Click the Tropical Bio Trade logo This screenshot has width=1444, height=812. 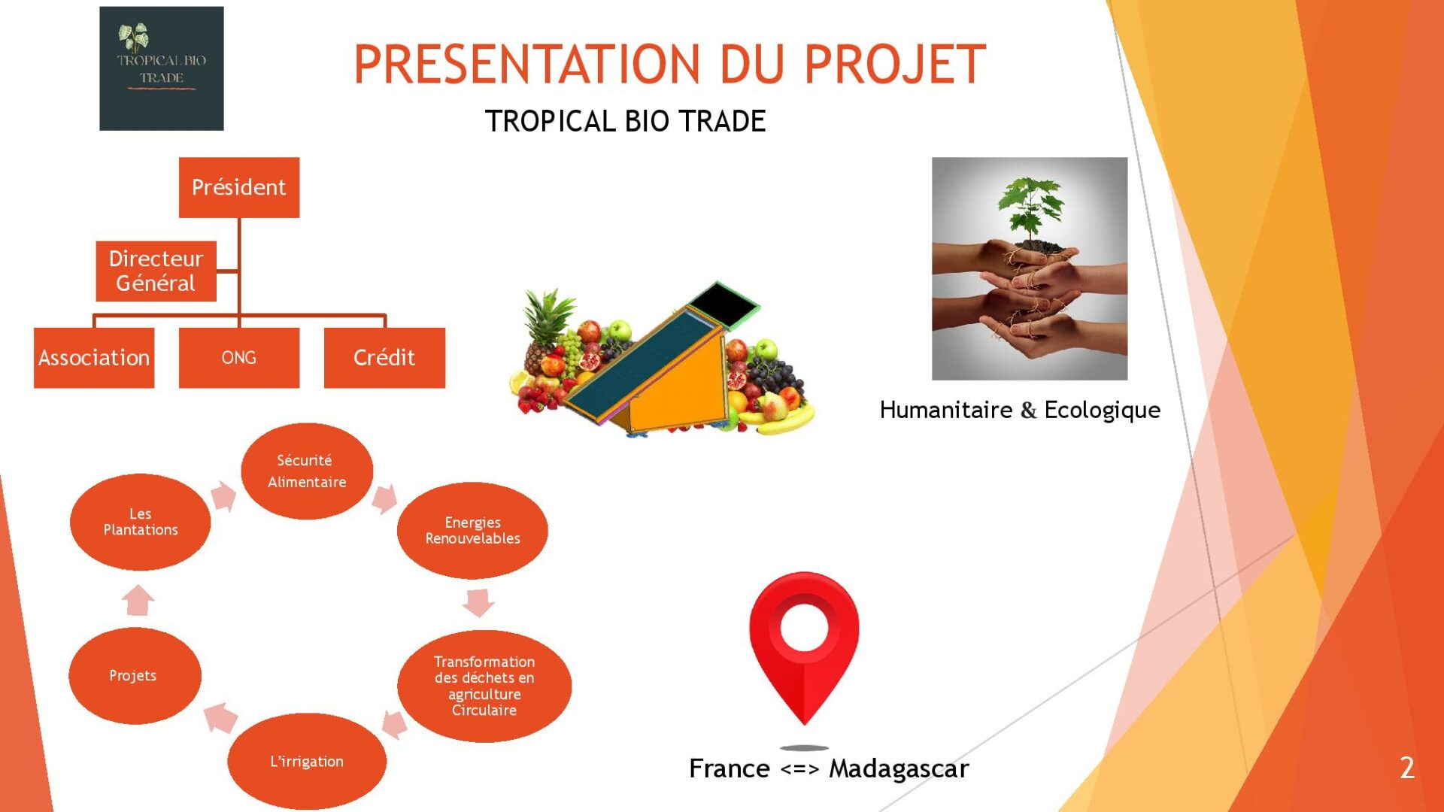[x=162, y=68]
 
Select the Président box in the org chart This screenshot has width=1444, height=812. [x=239, y=187]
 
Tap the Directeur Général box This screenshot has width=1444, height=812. [x=156, y=271]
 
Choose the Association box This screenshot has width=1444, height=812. [x=94, y=358]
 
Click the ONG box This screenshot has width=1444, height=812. [x=239, y=358]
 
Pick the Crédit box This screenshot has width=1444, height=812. [x=384, y=358]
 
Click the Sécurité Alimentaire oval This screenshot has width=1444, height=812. [x=307, y=471]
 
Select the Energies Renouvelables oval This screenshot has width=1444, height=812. [x=472, y=530]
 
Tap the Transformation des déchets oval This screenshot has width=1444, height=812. [x=484, y=686]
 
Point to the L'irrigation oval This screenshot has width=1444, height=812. [x=307, y=761]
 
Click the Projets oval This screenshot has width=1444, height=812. [x=135, y=675]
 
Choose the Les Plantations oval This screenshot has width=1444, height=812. [x=140, y=522]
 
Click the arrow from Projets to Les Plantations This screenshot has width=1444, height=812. [x=138, y=600]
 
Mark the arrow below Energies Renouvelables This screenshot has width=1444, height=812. [x=478, y=602]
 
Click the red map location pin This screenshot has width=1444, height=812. [x=804, y=647]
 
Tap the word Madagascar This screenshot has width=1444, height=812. [x=899, y=769]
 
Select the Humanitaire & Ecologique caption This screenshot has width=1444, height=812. [x=1020, y=411]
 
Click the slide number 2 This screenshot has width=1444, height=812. [x=1407, y=768]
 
